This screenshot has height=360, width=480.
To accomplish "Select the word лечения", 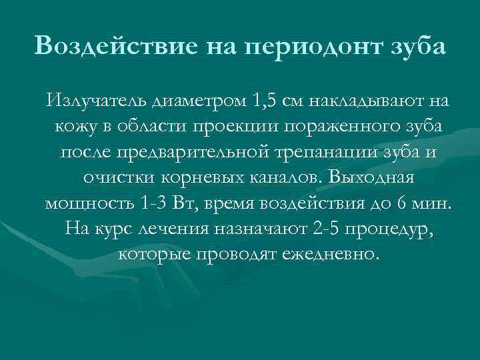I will [x=177, y=229].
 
